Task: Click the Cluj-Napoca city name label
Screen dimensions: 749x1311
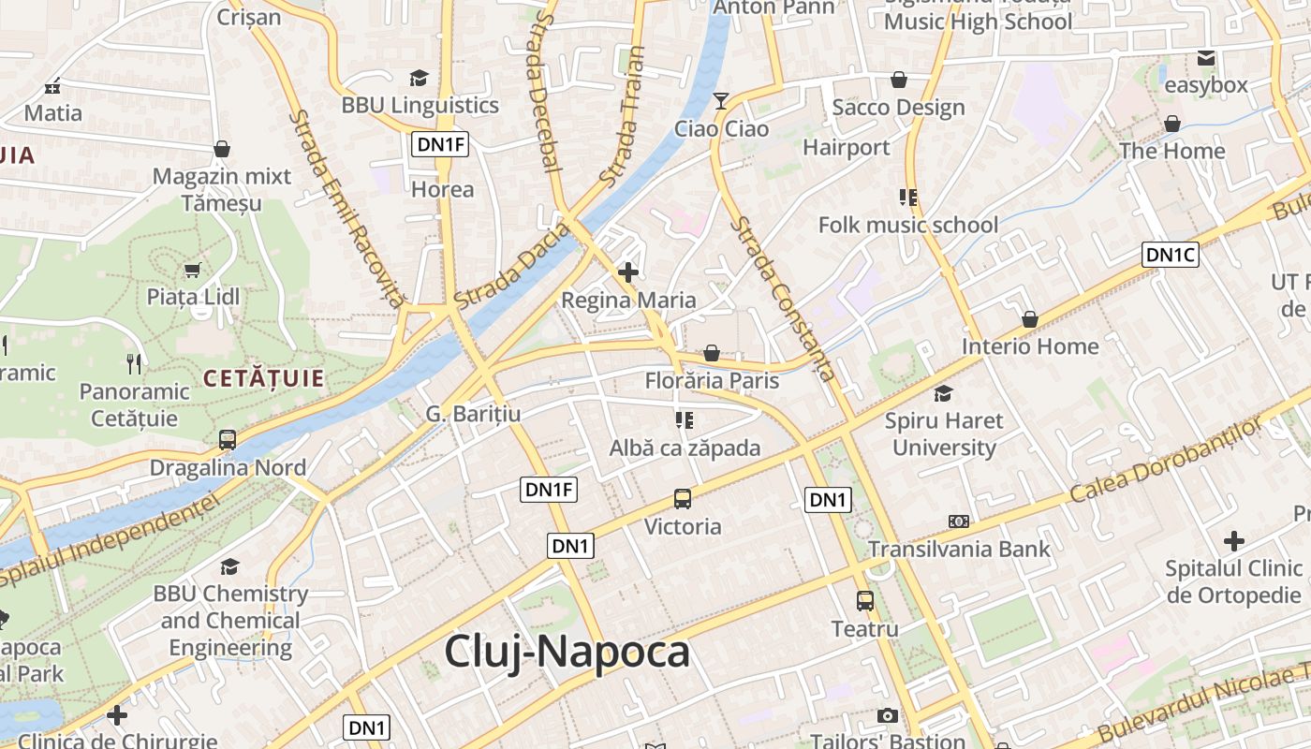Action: click(567, 652)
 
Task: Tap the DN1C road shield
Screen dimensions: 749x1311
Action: click(1171, 254)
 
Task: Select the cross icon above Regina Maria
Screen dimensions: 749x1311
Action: click(628, 272)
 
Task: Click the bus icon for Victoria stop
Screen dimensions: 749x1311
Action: click(683, 499)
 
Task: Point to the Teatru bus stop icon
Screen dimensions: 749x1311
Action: click(865, 601)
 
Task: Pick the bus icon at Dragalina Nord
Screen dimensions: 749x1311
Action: click(228, 440)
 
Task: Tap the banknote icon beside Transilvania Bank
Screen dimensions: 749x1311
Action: click(959, 521)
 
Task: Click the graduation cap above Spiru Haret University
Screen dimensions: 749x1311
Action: click(943, 393)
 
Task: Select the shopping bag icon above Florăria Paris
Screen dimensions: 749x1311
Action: click(712, 353)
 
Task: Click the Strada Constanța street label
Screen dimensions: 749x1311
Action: click(785, 299)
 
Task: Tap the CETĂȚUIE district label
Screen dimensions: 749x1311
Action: click(264, 379)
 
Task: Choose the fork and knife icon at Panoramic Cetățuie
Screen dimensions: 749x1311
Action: click(134, 363)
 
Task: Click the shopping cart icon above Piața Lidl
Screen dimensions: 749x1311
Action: click(193, 270)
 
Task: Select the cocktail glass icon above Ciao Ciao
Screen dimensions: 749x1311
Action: click(721, 101)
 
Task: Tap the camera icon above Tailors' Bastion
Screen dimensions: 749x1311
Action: click(888, 716)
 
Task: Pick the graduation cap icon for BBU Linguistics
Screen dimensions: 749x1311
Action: click(420, 78)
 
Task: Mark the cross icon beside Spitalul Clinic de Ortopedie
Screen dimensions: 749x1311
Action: click(1233, 540)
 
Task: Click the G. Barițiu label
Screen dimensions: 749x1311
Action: click(473, 414)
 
